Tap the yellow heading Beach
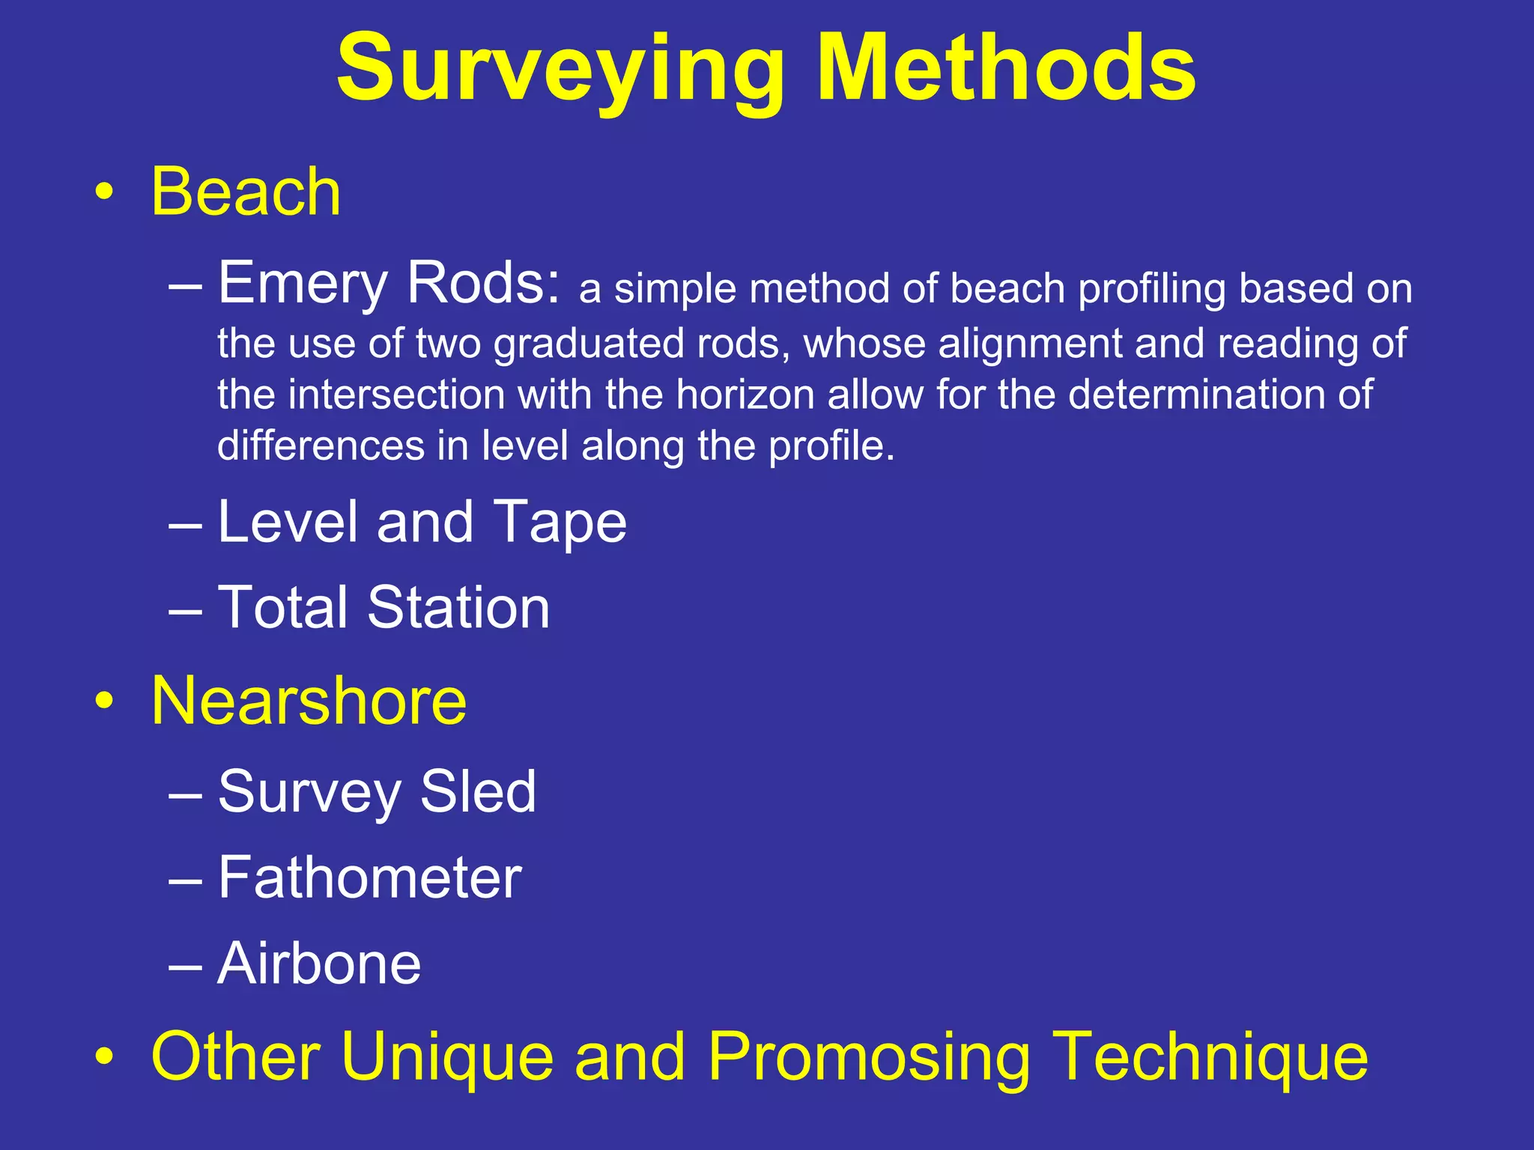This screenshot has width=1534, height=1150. pos(246,192)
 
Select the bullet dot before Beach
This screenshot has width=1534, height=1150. pos(104,192)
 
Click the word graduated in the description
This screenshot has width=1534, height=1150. pos(588,344)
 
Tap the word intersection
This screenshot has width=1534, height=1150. pos(397,395)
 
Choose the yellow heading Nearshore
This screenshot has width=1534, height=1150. pos(309,701)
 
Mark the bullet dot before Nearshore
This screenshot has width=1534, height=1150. pos(104,702)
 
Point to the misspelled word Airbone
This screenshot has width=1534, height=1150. pos(319,964)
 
